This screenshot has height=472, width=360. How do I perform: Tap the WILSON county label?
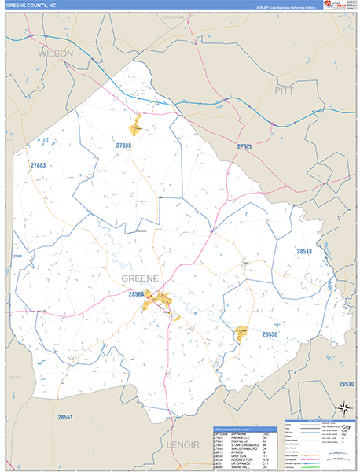(55, 53)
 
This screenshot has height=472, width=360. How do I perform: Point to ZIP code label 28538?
(270, 334)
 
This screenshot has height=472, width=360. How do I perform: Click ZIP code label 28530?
(347, 384)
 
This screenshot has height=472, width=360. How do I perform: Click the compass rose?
(343, 407)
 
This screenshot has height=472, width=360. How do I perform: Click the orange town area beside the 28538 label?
(242, 333)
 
